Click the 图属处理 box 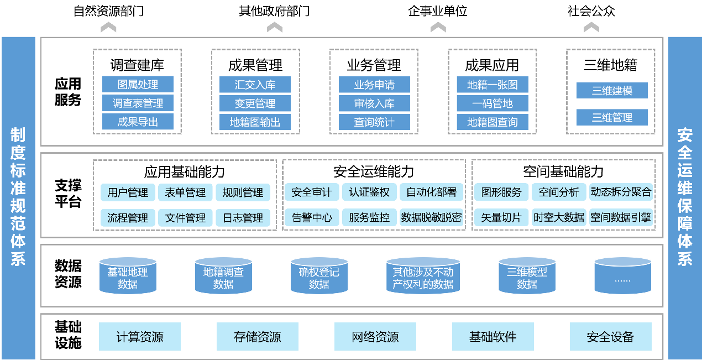click(138, 85)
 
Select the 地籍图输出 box click(255, 122)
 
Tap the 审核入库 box click(374, 103)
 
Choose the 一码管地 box click(493, 103)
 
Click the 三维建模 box click(612, 91)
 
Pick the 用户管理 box click(128, 192)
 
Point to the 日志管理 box click(243, 218)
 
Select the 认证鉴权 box click(369, 192)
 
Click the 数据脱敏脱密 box click(431, 218)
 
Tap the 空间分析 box click(559, 192)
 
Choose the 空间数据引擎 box click(620, 218)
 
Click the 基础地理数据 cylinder click(128, 276)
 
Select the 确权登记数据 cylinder click(319, 276)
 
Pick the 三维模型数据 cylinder click(527, 276)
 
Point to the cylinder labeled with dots click(622, 276)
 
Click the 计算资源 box click(140, 337)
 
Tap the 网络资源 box click(375, 337)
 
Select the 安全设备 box click(610, 337)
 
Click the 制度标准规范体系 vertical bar click(18, 198)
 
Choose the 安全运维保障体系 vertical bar click(685, 198)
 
